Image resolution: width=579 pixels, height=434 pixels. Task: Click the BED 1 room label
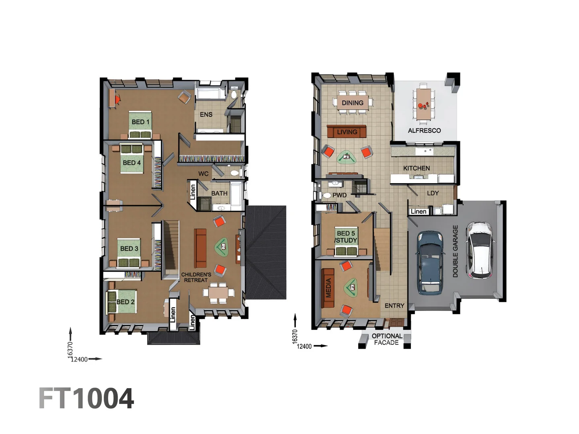(x=140, y=122)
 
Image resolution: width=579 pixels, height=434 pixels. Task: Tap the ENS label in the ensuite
(x=206, y=115)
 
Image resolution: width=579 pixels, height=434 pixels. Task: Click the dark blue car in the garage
(x=430, y=262)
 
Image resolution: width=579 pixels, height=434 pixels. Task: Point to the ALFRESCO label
(x=424, y=131)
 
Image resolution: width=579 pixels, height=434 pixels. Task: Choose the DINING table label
(x=352, y=103)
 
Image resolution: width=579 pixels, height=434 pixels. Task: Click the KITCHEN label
(x=416, y=168)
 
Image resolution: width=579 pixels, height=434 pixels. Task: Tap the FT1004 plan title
(x=86, y=398)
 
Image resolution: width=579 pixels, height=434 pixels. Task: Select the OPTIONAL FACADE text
(x=386, y=339)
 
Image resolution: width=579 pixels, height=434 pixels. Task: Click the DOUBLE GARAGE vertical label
(x=455, y=251)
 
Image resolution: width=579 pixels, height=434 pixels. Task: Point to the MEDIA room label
(x=329, y=288)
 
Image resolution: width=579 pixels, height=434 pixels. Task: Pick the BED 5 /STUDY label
(x=346, y=237)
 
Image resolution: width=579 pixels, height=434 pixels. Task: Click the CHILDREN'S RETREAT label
(x=196, y=277)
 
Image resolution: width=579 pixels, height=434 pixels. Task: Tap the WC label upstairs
(x=203, y=174)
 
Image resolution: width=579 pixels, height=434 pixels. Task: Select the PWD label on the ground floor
(x=339, y=195)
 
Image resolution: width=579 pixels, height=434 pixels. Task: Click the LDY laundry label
(x=433, y=193)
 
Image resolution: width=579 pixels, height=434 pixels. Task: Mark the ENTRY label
(x=394, y=306)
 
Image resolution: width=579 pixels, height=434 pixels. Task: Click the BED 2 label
(x=125, y=302)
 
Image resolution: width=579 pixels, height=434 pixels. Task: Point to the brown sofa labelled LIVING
(x=347, y=131)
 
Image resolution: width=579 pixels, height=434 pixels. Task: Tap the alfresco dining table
(x=423, y=103)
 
